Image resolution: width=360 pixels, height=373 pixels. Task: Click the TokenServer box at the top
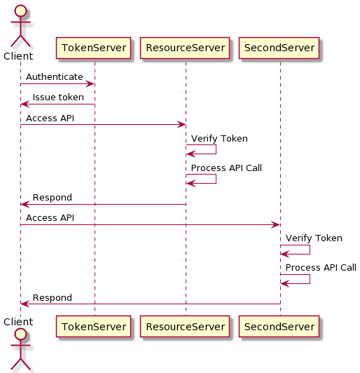95,48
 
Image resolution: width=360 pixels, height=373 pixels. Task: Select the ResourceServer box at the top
185,48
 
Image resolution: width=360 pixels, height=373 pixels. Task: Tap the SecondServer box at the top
279,48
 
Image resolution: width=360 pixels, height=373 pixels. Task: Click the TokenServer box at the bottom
95,326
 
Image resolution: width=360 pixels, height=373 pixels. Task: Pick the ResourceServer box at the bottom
185,326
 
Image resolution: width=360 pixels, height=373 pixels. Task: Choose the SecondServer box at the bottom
279,326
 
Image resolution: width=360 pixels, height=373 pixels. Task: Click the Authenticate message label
55,76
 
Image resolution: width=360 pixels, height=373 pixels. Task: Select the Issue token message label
58,97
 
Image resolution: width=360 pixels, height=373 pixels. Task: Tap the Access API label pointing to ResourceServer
50,118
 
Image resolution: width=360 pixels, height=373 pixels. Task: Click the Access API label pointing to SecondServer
50,217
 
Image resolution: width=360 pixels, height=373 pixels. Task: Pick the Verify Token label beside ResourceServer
219,138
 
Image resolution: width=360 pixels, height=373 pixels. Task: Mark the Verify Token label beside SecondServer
314,238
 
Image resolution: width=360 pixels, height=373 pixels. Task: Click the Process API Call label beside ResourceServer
226,168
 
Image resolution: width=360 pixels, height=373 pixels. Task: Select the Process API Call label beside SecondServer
321,267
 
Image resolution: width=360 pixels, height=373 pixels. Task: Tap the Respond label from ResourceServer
53,197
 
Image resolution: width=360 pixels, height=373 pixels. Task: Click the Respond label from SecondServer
53,297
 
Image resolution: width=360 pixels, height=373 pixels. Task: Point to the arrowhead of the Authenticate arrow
91,84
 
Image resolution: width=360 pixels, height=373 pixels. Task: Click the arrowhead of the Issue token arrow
25,104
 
